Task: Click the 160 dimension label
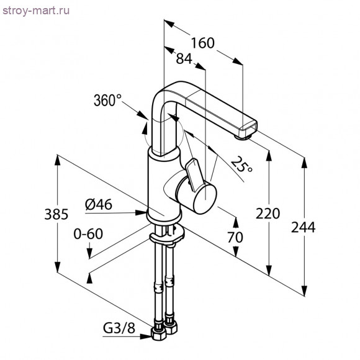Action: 202,43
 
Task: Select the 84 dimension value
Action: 184,60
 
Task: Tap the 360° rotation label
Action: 107,100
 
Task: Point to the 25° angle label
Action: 241,164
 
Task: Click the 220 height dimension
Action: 268,213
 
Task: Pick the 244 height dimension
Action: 304,227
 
